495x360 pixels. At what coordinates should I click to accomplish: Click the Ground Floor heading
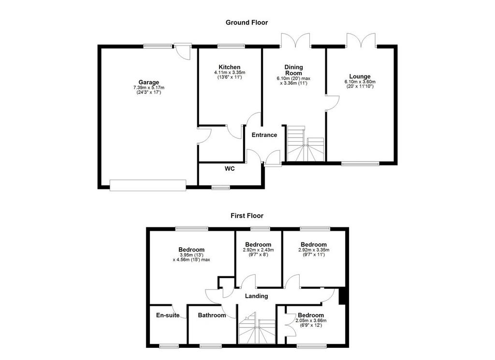247,22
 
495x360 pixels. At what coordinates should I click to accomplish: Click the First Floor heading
247,216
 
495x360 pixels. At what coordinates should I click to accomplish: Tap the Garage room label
149,82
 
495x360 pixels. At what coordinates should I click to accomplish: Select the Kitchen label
230,67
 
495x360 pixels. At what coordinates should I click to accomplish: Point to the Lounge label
360,76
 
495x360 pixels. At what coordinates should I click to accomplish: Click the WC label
230,169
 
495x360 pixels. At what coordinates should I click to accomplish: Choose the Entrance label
264,135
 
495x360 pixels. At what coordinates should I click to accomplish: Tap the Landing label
256,296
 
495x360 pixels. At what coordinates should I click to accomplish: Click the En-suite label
168,315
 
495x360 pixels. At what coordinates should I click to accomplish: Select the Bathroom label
212,315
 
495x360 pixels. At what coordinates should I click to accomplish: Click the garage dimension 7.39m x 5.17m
149,88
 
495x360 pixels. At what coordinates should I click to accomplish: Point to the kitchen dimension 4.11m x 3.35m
230,73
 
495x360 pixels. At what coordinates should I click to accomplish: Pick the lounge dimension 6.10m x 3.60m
360,82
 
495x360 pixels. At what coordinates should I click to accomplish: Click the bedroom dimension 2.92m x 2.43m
258,250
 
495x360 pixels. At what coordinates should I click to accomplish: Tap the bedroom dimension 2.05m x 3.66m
311,320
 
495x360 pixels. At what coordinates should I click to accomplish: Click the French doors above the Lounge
361,41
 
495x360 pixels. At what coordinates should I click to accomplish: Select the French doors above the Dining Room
295,41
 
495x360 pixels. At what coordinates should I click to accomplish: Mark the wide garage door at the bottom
148,185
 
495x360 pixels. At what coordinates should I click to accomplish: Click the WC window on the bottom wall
220,188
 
